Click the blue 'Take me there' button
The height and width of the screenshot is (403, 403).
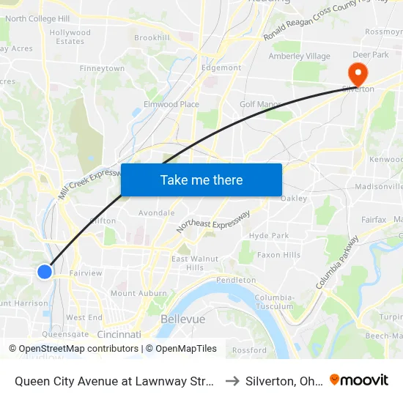(202, 180)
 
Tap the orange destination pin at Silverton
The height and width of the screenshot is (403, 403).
(358, 74)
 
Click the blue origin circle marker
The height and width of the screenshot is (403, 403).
(45, 271)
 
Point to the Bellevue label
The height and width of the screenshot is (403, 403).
(182, 319)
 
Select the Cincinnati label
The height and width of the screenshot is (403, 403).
(119, 334)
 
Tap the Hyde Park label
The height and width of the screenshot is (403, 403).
(269, 236)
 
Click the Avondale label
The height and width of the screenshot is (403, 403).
(157, 213)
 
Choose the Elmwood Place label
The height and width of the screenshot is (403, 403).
(171, 105)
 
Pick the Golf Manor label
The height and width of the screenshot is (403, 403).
(260, 105)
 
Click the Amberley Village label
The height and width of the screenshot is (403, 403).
(299, 56)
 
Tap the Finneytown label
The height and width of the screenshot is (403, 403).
(102, 68)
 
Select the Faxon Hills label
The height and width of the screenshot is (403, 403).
(278, 255)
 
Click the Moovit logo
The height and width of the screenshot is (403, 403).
(359, 380)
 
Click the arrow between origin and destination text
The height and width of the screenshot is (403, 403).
(232, 380)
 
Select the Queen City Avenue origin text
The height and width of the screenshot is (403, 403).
(114, 380)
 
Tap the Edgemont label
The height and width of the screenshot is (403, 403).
(221, 68)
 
